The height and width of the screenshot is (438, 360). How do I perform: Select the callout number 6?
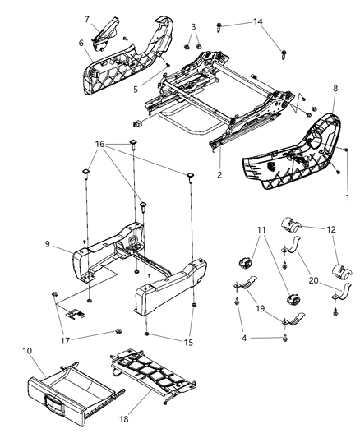pos(81,44)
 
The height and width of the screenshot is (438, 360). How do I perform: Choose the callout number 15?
pos(191,342)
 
